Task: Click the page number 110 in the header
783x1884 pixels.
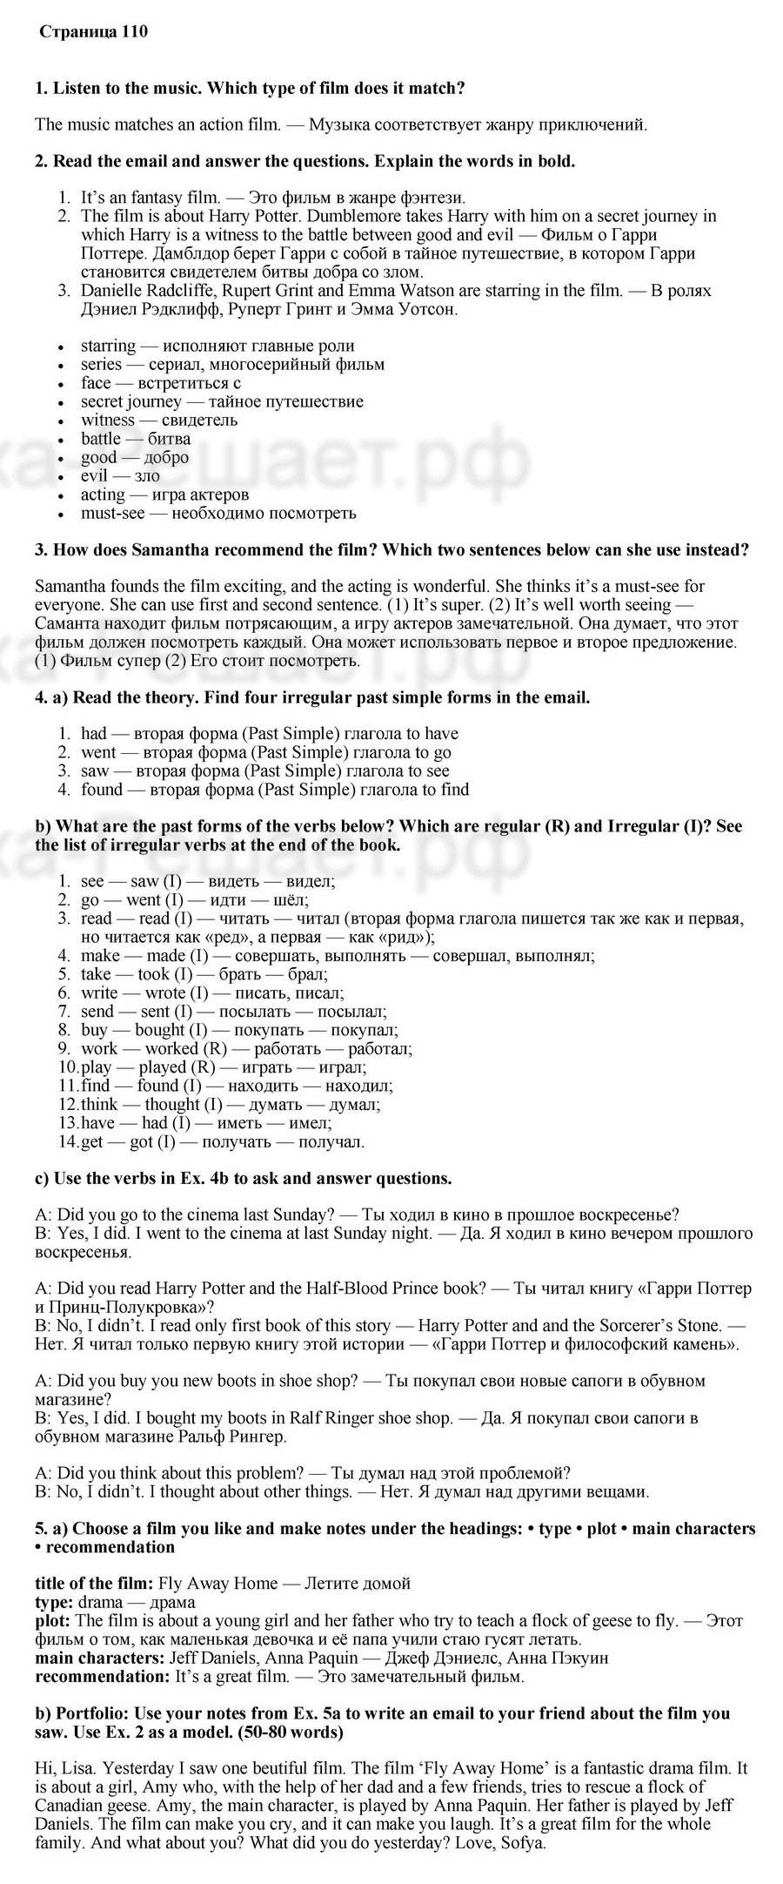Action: tap(132, 32)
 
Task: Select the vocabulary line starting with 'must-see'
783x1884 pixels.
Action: tap(217, 513)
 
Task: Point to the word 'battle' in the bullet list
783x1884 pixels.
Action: tap(102, 439)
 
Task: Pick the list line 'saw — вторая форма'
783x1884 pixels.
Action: tap(264, 770)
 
